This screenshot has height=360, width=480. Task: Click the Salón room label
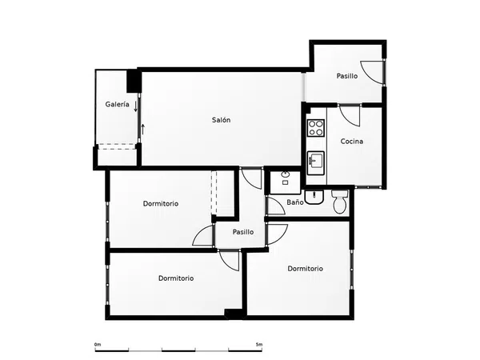[221, 120]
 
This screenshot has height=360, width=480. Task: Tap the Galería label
[117, 104]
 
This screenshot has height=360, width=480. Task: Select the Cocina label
[352, 142]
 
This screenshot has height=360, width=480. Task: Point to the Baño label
[295, 202]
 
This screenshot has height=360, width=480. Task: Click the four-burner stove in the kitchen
[316, 128]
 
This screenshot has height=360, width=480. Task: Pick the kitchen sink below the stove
[316, 163]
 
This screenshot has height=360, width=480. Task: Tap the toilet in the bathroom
[339, 202]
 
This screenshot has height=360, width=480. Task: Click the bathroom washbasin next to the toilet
[314, 197]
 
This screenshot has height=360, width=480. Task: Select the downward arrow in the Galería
[136, 106]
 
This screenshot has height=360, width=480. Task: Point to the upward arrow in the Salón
[142, 129]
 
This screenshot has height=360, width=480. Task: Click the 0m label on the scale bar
[98, 345]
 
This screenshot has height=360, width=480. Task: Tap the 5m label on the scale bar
[259, 344]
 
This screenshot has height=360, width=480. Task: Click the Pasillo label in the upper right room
[347, 76]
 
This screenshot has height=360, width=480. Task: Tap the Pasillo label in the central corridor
[243, 232]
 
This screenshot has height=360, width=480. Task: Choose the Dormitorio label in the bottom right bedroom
[306, 269]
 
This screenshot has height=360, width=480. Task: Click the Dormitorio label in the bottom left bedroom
[176, 278]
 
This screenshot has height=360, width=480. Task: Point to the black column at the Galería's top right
[134, 81]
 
